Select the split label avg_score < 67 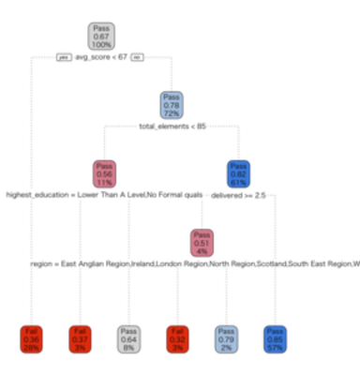(x=100, y=57)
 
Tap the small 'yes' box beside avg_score (x=63, y=57)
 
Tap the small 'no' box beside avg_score (x=137, y=57)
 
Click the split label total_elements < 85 (x=171, y=126)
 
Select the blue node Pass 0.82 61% (x=239, y=173)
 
